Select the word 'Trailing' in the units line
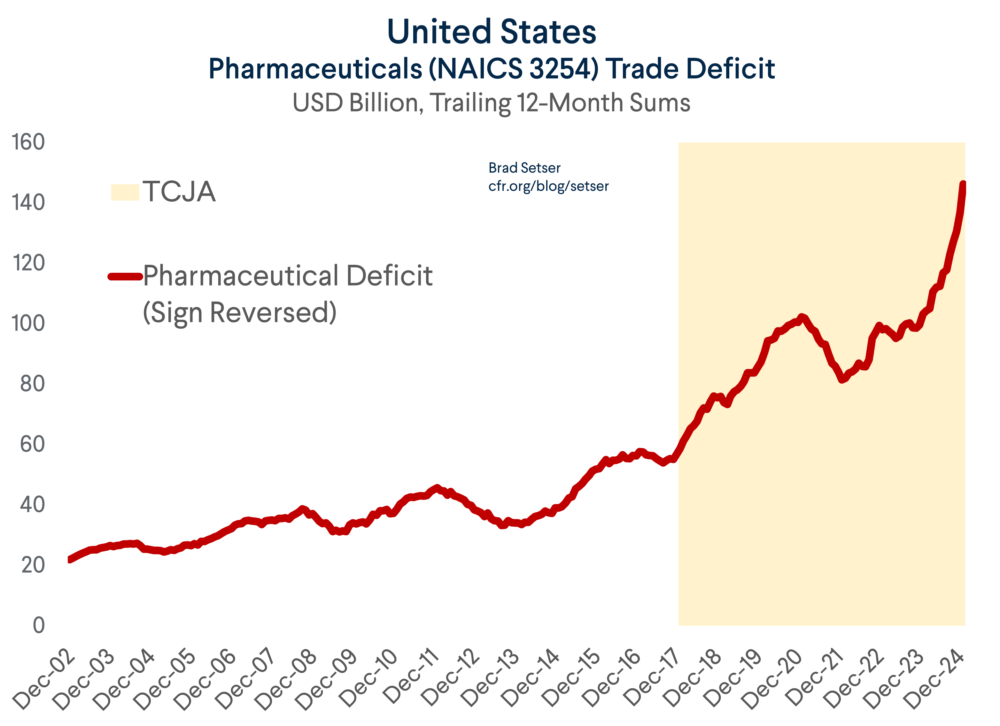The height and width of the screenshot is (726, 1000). click(x=470, y=103)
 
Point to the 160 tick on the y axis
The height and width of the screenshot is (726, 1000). click(x=28, y=142)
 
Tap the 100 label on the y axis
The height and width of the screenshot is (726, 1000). click(x=28, y=324)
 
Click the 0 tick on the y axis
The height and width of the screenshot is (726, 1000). click(x=39, y=626)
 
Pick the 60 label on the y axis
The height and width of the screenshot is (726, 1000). click(x=32, y=445)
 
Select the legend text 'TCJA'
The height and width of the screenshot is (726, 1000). click(x=179, y=192)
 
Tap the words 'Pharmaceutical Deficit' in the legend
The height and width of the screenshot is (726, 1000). click(x=288, y=276)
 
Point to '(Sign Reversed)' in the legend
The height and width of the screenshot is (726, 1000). click(x=239, y=312)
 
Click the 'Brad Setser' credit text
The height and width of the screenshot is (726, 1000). click(x=524, y=168)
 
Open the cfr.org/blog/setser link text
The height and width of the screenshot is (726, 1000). click(x=548, y=186)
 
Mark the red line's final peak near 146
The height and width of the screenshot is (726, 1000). click(x=963, y=185)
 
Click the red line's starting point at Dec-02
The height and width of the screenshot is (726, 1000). click(x=70, y=560)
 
